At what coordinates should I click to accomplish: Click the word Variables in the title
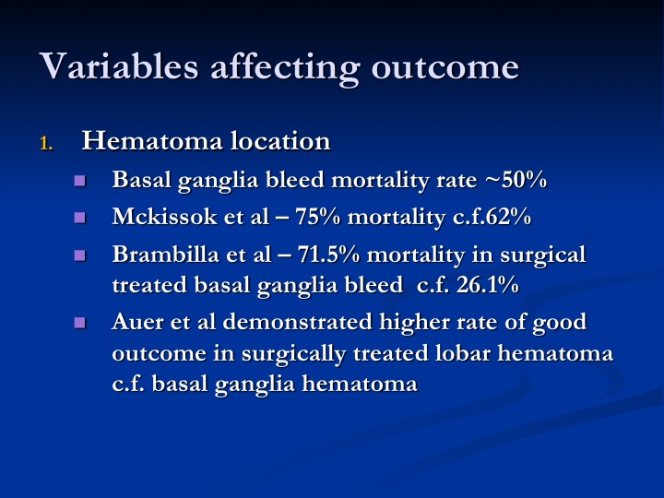pos(119,66)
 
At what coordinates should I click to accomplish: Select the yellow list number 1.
pos(46,144)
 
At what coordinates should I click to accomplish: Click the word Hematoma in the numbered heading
pos(152,140)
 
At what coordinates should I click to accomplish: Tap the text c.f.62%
pos(492,217)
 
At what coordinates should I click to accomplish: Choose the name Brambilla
pos(166,255)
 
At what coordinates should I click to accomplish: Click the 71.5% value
pos(328,255)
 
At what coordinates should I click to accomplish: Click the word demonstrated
pos(297,322)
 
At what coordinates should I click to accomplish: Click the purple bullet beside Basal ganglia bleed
pos(79,181)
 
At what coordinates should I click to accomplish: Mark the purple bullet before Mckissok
pos(79,218)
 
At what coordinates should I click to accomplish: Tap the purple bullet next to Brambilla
pos(79,255)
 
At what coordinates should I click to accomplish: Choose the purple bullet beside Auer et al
pos(79,323)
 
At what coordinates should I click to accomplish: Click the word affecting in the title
pos(285,68)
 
